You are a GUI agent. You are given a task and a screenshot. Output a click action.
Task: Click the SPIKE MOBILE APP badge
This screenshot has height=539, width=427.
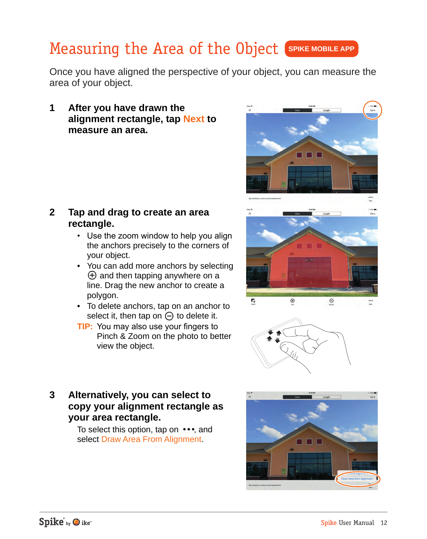pos(321,49)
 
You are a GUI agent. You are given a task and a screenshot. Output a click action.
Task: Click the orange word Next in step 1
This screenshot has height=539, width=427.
pos(194,119)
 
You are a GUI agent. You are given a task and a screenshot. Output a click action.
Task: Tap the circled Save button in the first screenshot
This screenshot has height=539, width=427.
pos(372,110)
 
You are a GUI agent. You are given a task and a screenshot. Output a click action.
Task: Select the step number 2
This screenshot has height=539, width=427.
pos(52,212)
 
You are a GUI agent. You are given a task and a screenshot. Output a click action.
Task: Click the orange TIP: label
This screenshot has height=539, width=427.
pos(85,327)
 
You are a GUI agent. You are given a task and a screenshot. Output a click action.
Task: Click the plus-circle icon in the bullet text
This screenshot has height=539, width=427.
pos(92,275)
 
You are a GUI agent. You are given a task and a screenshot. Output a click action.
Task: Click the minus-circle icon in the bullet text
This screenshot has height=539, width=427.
pos(169,316)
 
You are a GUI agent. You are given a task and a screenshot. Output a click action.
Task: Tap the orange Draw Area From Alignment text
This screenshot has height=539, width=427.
pos(151,439)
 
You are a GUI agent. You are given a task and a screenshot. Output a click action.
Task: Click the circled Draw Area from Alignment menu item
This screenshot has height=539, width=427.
pos(357,479)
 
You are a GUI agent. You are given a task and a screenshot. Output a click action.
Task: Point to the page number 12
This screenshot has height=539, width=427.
pos(384,523)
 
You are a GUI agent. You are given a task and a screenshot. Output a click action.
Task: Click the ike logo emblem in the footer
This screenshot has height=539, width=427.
pos(76,522)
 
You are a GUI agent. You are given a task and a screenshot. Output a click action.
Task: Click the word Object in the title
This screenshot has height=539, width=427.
pos(257,49)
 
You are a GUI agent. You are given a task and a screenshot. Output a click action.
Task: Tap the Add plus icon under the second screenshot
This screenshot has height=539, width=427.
pos(292,301)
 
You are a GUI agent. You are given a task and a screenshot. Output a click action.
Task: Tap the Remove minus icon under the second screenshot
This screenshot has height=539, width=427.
pos(332,301)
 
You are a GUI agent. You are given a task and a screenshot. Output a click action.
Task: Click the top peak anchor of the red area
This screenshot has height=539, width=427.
pos(309,232)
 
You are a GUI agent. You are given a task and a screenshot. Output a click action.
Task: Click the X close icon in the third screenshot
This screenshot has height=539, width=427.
pos(250,397)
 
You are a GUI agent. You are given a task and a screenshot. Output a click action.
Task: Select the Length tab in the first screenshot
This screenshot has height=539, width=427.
pos(326,110)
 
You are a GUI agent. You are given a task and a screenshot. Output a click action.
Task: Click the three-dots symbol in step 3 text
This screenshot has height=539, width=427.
pos(189,429)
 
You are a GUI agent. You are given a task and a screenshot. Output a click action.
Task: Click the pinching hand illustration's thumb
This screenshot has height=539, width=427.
pos(290,350)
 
